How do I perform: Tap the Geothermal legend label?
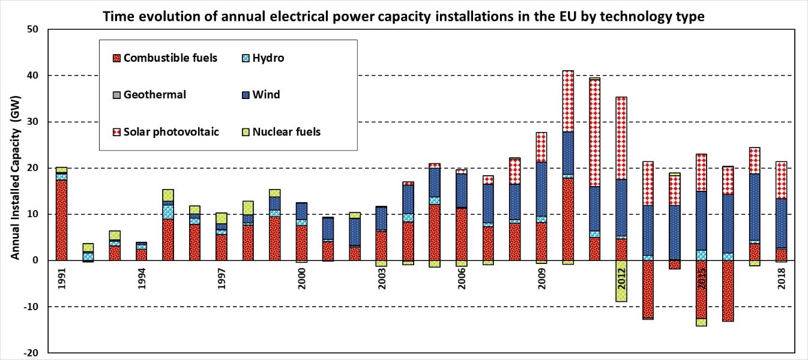154,95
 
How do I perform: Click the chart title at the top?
404,17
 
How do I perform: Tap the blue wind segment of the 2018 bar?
782,223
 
